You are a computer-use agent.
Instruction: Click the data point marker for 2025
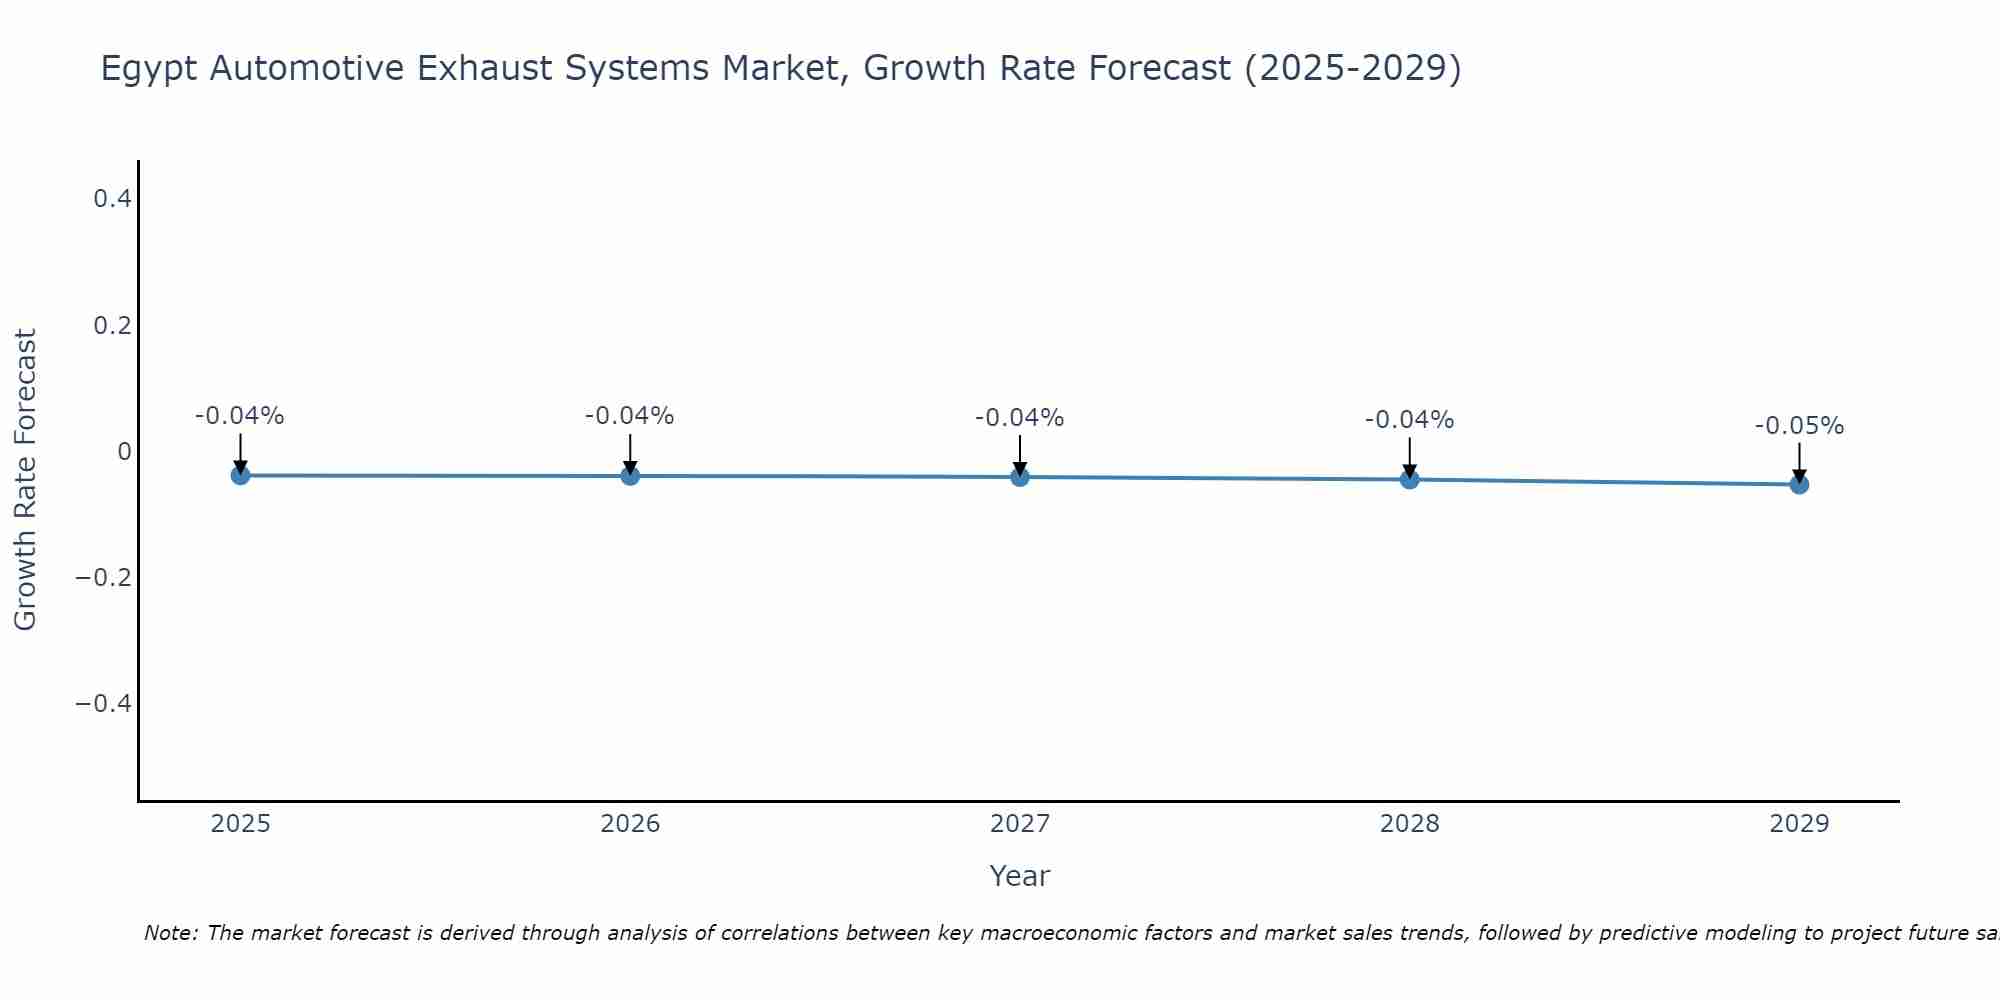click(x=240, y=475)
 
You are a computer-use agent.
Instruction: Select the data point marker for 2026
click(x=630, y=476)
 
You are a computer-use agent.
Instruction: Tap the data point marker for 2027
click(x=1020, y=477)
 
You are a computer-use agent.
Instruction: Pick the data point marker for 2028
click(x=1410, y=480)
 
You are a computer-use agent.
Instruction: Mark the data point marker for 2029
click(x=1799, y=485)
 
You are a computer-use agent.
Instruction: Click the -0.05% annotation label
click(x=1799, y=426)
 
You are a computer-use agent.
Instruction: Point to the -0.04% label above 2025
click(x=240, y=416)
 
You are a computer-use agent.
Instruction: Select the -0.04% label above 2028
click(x=1410, y=420)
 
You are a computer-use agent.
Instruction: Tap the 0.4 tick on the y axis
click(x=112, y=199)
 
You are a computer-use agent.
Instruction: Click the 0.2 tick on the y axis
click(x=112, y=325)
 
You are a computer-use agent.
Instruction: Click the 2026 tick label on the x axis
click(x=630, y=824)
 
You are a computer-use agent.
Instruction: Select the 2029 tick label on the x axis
click(x=1799, y=824)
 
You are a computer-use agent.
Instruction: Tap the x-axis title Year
click(x=1019, y=876)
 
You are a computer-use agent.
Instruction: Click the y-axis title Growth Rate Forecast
click(x=25, y=480)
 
